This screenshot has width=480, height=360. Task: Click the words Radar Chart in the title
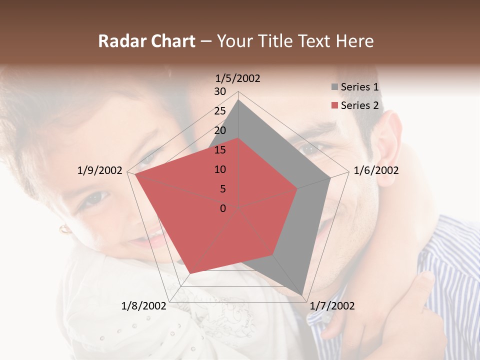pos(146,41)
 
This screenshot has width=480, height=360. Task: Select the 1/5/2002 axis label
pos(238,78)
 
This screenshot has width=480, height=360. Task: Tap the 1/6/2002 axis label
pos(376,170)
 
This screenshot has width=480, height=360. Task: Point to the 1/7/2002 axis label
pos(332,306)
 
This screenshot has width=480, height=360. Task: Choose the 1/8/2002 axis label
pos(144,306)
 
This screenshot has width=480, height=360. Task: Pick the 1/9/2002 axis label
pos(100,170)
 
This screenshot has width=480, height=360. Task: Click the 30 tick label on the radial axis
pos(220,91)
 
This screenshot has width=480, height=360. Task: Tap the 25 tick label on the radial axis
pos(220,111)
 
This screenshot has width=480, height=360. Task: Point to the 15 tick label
pos(220,150)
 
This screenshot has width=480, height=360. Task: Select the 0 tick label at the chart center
pos(223,208)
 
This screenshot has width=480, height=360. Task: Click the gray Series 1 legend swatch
pos(334,87)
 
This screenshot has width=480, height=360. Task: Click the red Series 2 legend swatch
pos(334,105)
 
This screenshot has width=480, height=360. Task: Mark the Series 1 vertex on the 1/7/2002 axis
pos(302,295)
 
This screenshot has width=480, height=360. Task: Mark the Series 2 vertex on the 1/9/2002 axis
pos(135,175)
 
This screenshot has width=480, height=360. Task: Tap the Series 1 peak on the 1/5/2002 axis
pos(238,100)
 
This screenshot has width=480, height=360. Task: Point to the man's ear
pos(389,150)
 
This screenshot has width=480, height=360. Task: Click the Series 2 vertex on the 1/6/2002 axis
pos(297,189)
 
